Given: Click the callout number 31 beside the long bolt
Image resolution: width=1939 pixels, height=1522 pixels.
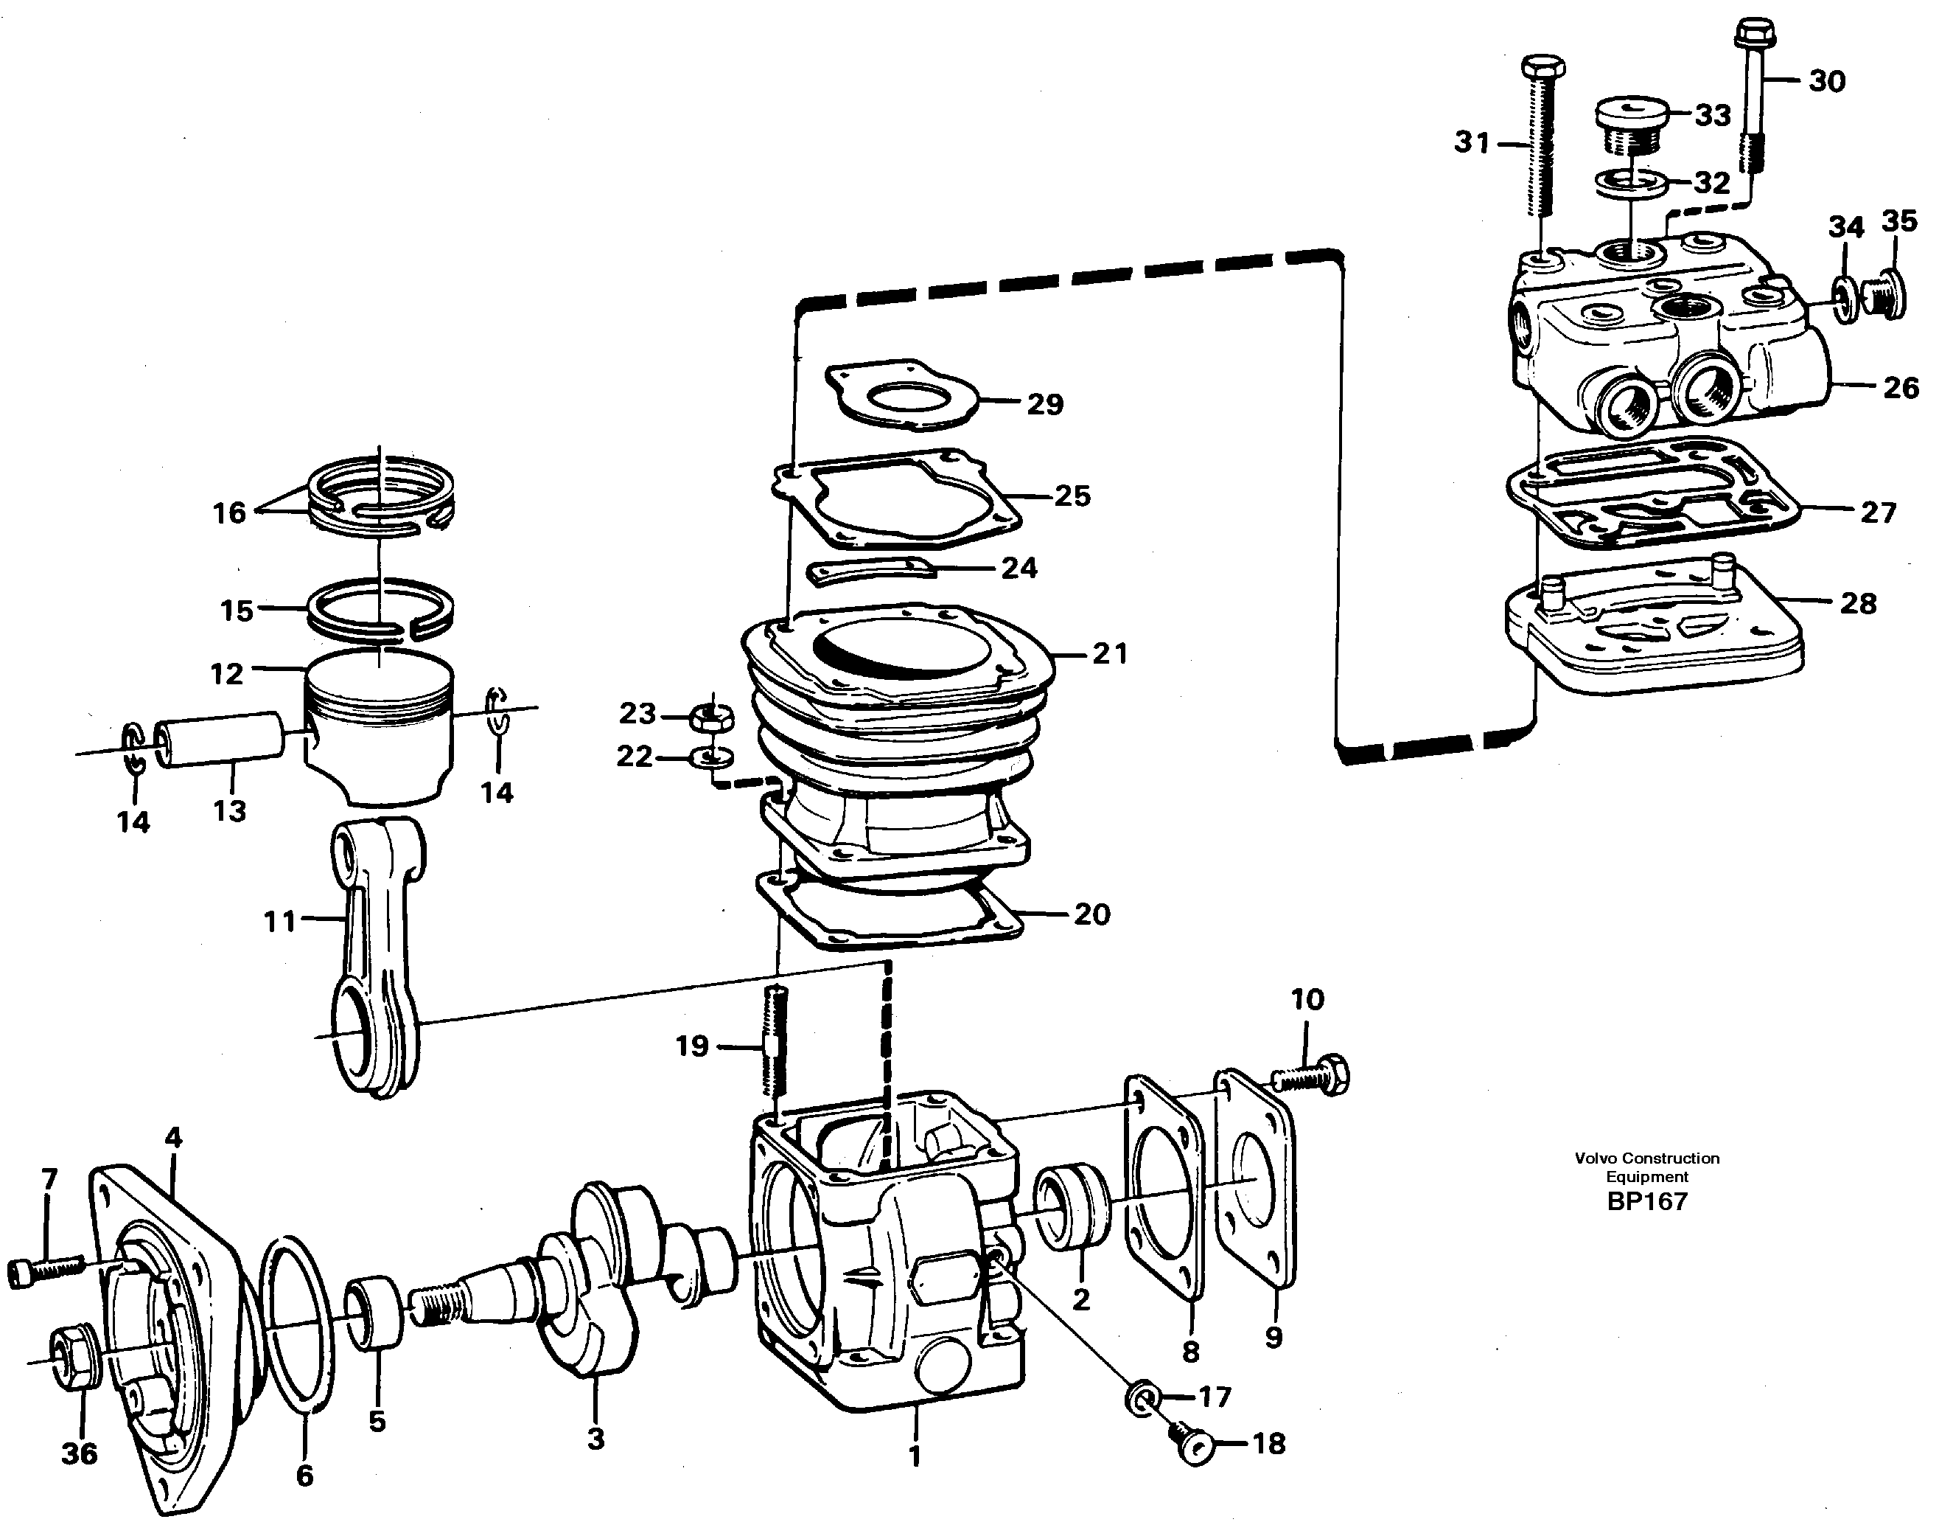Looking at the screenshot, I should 1472,142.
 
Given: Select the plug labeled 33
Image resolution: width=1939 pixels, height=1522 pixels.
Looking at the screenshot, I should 1637,128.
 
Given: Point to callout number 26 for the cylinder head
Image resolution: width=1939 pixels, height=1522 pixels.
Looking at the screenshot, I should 1901,388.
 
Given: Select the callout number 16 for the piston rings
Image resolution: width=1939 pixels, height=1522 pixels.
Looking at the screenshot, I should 229,512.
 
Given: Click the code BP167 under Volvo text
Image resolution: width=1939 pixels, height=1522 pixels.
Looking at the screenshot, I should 1647,1202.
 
